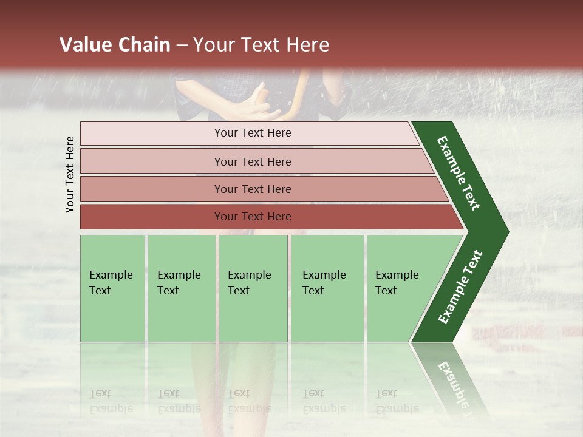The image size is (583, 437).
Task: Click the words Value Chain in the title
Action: point(115,45)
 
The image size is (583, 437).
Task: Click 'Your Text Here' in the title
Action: point(261,45)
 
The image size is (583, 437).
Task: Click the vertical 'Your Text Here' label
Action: point(70,175)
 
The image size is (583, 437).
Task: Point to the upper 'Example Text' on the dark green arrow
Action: point(459,173)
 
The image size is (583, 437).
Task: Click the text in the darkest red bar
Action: point(253,217)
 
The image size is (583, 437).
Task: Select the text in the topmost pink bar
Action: point(253,133)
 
